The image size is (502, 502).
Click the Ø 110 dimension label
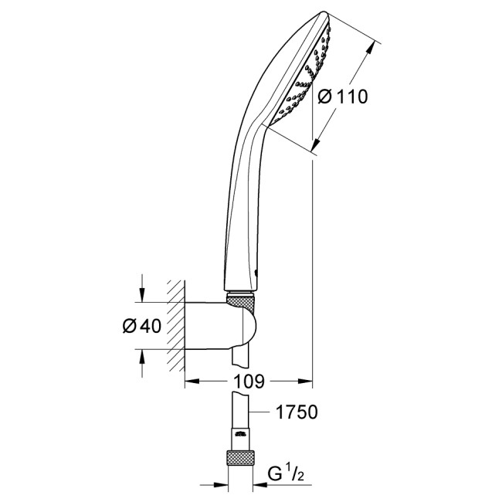point(341,97)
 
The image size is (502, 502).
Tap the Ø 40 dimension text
point(141,326)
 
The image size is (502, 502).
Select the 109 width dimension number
point(249,382)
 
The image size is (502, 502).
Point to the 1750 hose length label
point(297,413)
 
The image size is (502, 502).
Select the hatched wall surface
point(177,325)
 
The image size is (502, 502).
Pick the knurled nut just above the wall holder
point(242,297)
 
